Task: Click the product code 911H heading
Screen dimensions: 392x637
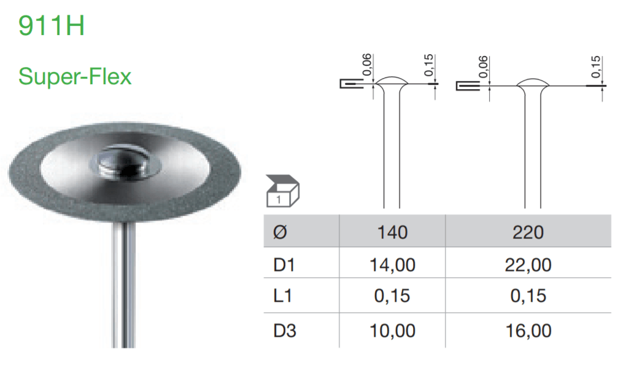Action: [x=52, y=26]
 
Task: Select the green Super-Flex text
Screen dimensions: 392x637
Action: [x=75, y=77]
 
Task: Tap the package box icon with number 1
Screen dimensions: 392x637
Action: [x=282, y=191]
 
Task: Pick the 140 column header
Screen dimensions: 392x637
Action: [x=392, y=232]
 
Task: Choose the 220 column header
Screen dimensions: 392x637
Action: [x=528, y=232]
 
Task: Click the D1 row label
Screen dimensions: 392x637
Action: [x=284, y=265]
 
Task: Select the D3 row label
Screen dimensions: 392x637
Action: [x=284, y=331]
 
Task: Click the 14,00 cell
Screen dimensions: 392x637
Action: [x=392, y=265]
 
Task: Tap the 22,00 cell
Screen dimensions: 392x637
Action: [x=528, y=265]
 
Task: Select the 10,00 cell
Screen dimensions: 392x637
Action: [x=392, y=331]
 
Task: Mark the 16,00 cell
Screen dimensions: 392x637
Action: [x=528, y=331]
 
